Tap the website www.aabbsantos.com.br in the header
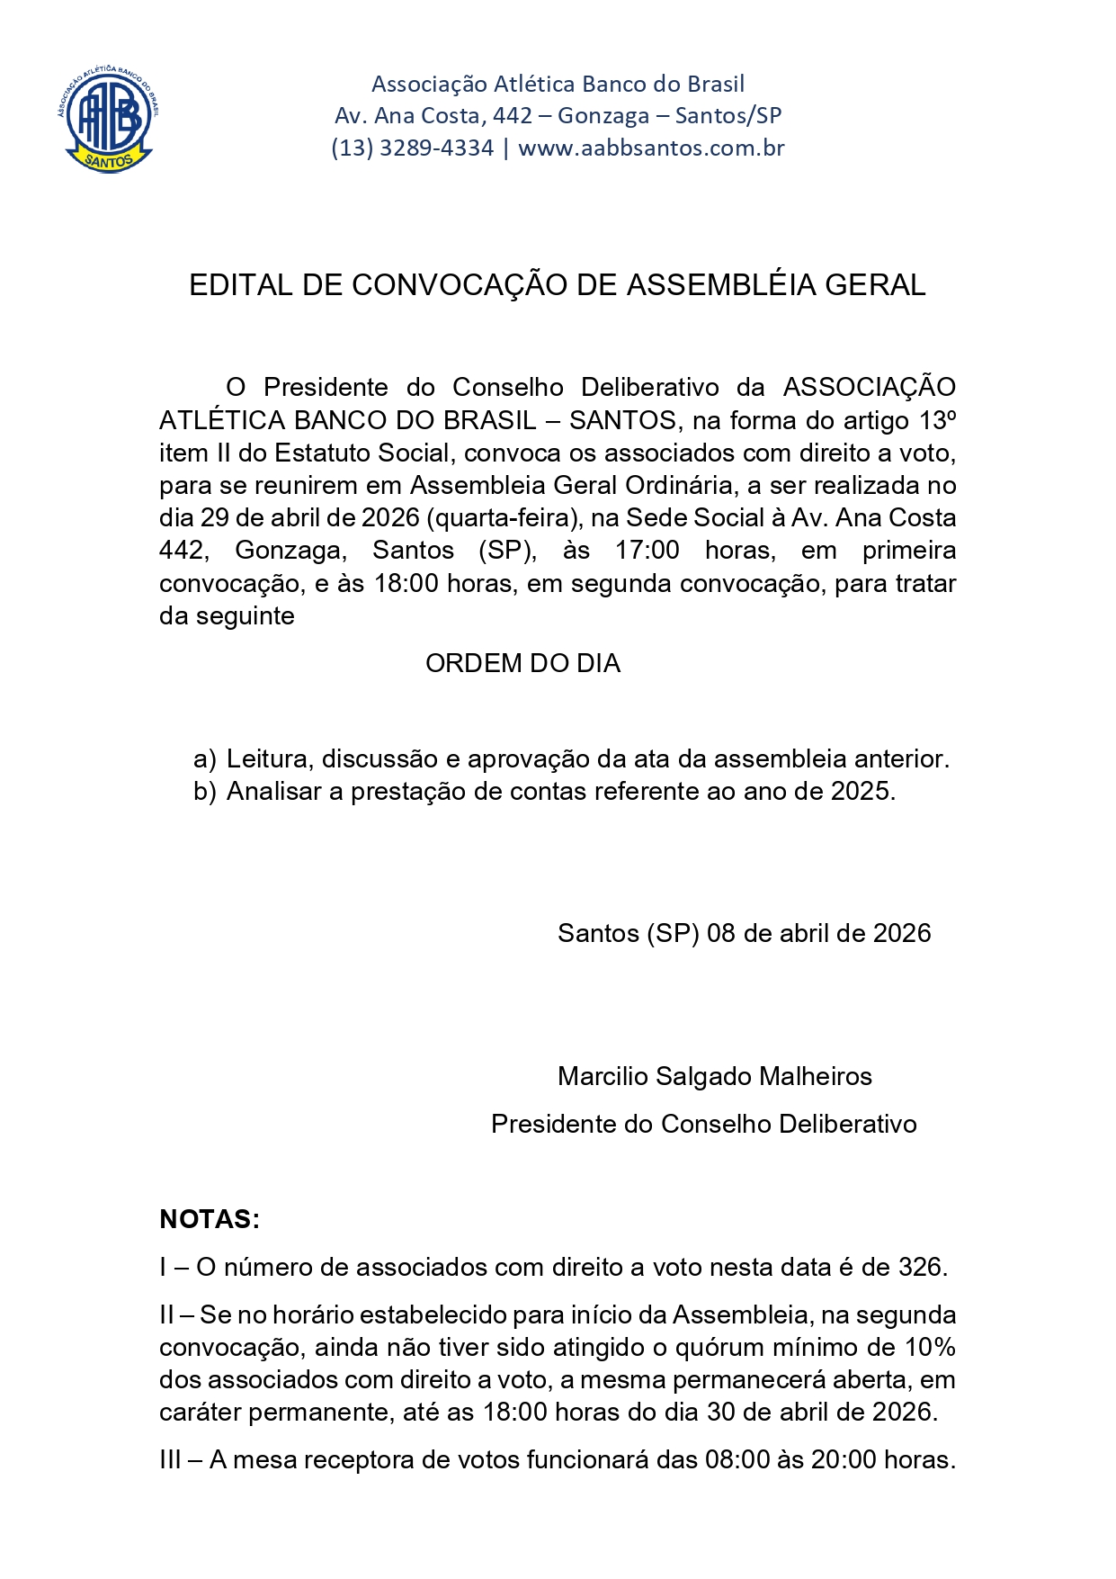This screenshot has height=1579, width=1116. [651, 148]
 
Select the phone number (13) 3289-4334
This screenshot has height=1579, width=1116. [413, 148]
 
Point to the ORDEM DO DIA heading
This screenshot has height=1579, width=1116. [522, 663]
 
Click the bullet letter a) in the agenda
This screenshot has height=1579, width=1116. [205, 759]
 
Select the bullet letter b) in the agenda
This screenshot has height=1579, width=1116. [205, 792]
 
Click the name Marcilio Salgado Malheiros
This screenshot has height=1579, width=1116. [714, 1076]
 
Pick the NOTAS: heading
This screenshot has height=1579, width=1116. [210, 1219]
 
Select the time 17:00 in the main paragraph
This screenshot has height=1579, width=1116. [647, 551]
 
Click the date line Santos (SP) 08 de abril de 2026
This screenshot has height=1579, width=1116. [744, 933]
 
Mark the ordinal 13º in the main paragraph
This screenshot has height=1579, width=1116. [937, 420]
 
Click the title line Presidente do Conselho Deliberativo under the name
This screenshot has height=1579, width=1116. [703, 1124]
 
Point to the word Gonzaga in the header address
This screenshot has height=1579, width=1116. [603, 116]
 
